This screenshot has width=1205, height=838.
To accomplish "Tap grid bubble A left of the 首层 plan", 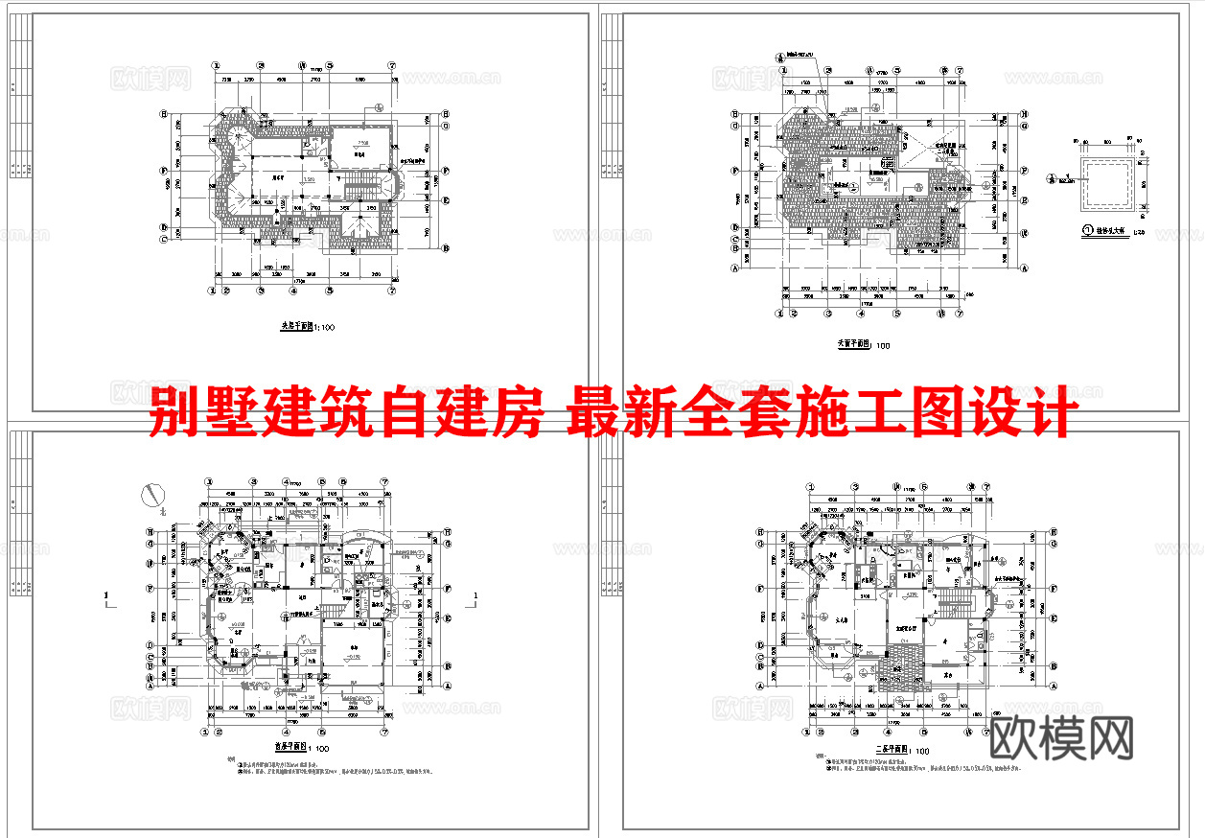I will coord(150,687).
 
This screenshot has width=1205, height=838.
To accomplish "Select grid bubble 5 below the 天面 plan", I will coord(896,313).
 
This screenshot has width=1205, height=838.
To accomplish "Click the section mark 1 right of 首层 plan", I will coord(475,600).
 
